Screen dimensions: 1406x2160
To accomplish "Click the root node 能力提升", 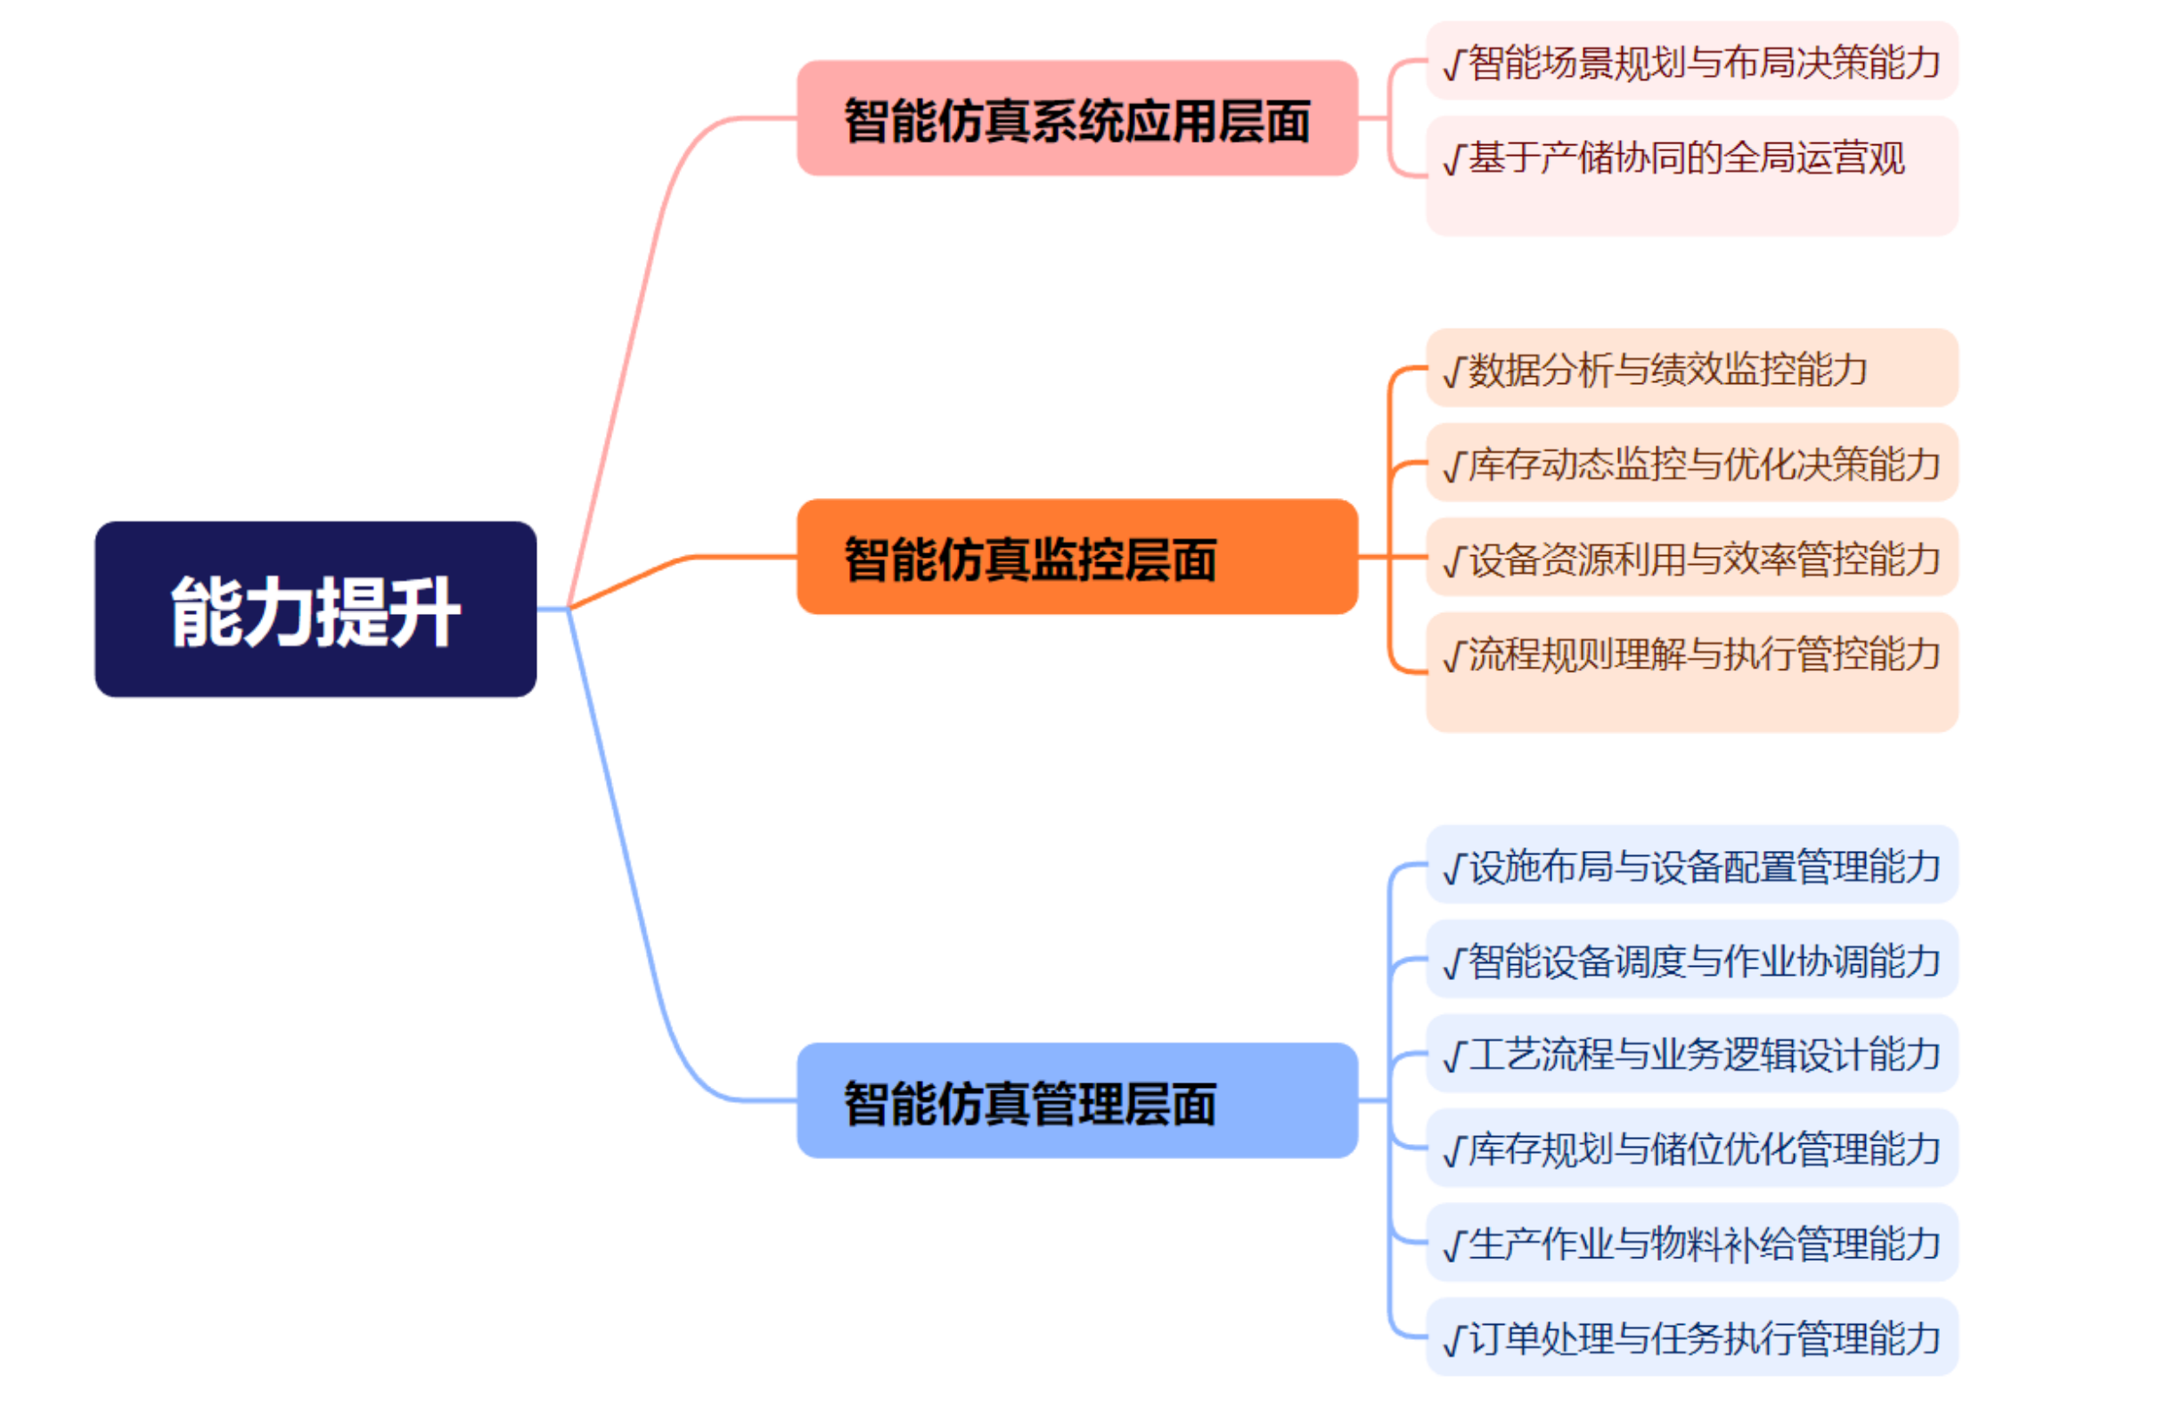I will pos(315,609).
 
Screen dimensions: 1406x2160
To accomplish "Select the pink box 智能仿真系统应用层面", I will pos(1076,118).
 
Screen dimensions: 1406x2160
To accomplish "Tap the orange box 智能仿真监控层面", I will pos(1076,556).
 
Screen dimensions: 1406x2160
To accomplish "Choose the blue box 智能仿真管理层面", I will pos(1076,1100).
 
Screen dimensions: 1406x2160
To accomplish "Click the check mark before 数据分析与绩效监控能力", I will pos(1454,372).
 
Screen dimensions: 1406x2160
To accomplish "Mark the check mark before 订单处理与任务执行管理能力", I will pos(1454,1340).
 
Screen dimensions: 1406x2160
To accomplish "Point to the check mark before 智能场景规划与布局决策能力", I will pos(1454,63).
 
